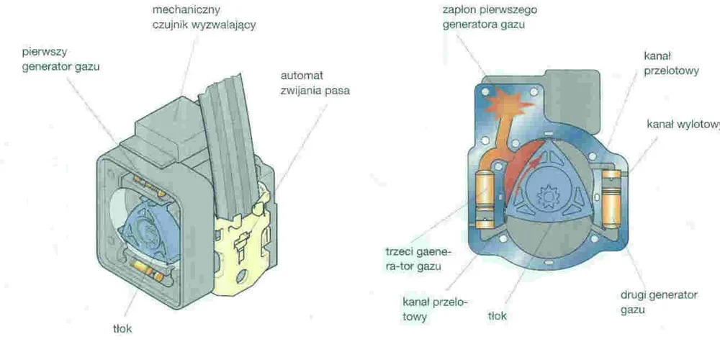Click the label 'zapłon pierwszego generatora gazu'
490,17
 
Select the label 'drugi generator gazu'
660,302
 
